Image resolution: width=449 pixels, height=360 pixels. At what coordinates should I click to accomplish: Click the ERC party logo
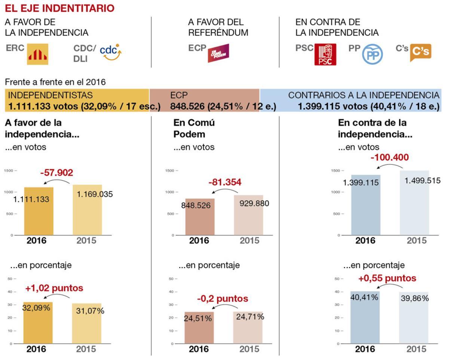coord(37,54)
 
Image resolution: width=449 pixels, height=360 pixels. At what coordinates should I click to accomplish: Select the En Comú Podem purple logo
coord(218,53)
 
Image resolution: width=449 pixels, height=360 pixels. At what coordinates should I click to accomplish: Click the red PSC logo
coord(325,54)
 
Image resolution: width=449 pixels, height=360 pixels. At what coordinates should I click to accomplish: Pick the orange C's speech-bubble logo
coord(421,52)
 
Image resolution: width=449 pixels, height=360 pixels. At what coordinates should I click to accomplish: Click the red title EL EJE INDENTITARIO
coord(59,8)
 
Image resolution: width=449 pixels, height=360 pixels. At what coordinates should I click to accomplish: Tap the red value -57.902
coord(56,173)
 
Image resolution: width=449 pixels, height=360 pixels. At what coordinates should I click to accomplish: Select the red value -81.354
coord(225,183)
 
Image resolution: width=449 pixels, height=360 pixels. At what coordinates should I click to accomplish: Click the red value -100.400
coord(390,158)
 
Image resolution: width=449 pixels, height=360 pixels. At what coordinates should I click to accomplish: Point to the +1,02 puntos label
coord(54,289)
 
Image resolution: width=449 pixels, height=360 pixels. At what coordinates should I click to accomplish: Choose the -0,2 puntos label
coord(223,299)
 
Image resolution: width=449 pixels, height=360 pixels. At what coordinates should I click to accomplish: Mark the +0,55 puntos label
coord(387,278)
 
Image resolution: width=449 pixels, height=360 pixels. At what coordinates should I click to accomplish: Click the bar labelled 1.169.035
coord(87,213)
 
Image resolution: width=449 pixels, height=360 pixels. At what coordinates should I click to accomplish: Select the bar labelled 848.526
coord(200,221)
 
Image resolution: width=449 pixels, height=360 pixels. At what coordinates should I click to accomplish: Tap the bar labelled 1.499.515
coord(414,210)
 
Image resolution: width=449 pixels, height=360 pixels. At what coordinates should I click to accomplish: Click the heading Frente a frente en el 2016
coord(55,82)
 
